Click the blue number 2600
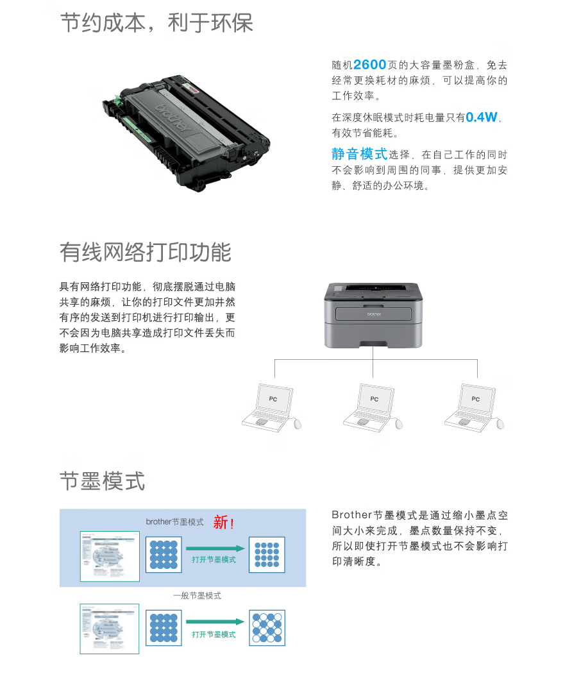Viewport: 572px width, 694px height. pos(370,65)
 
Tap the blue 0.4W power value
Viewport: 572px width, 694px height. pos(482,117)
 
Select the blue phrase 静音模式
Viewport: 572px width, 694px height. pos(360,154)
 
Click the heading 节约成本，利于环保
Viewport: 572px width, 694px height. pos(156,22)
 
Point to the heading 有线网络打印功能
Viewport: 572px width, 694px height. pos(146,252)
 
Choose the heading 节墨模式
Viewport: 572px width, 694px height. pos(102,481)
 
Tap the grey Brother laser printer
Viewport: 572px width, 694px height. pos(373,316)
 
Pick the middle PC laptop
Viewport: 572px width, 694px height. pos(373,408)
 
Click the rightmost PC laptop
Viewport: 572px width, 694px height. pos(475,408)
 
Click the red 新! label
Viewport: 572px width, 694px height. pos(223,522)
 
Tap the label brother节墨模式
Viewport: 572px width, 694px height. pos(174,522)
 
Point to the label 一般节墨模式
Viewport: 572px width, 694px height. pos(198,596)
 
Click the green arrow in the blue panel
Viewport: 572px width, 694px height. pos(215,548)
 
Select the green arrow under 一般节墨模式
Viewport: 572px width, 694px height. pos(215,622)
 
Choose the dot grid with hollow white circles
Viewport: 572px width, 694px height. pos(267,627)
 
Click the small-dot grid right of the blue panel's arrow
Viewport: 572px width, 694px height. pos(267,555)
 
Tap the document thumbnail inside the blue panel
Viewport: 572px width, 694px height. pos(110,556)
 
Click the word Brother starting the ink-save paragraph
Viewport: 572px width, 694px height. pos(351,515)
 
